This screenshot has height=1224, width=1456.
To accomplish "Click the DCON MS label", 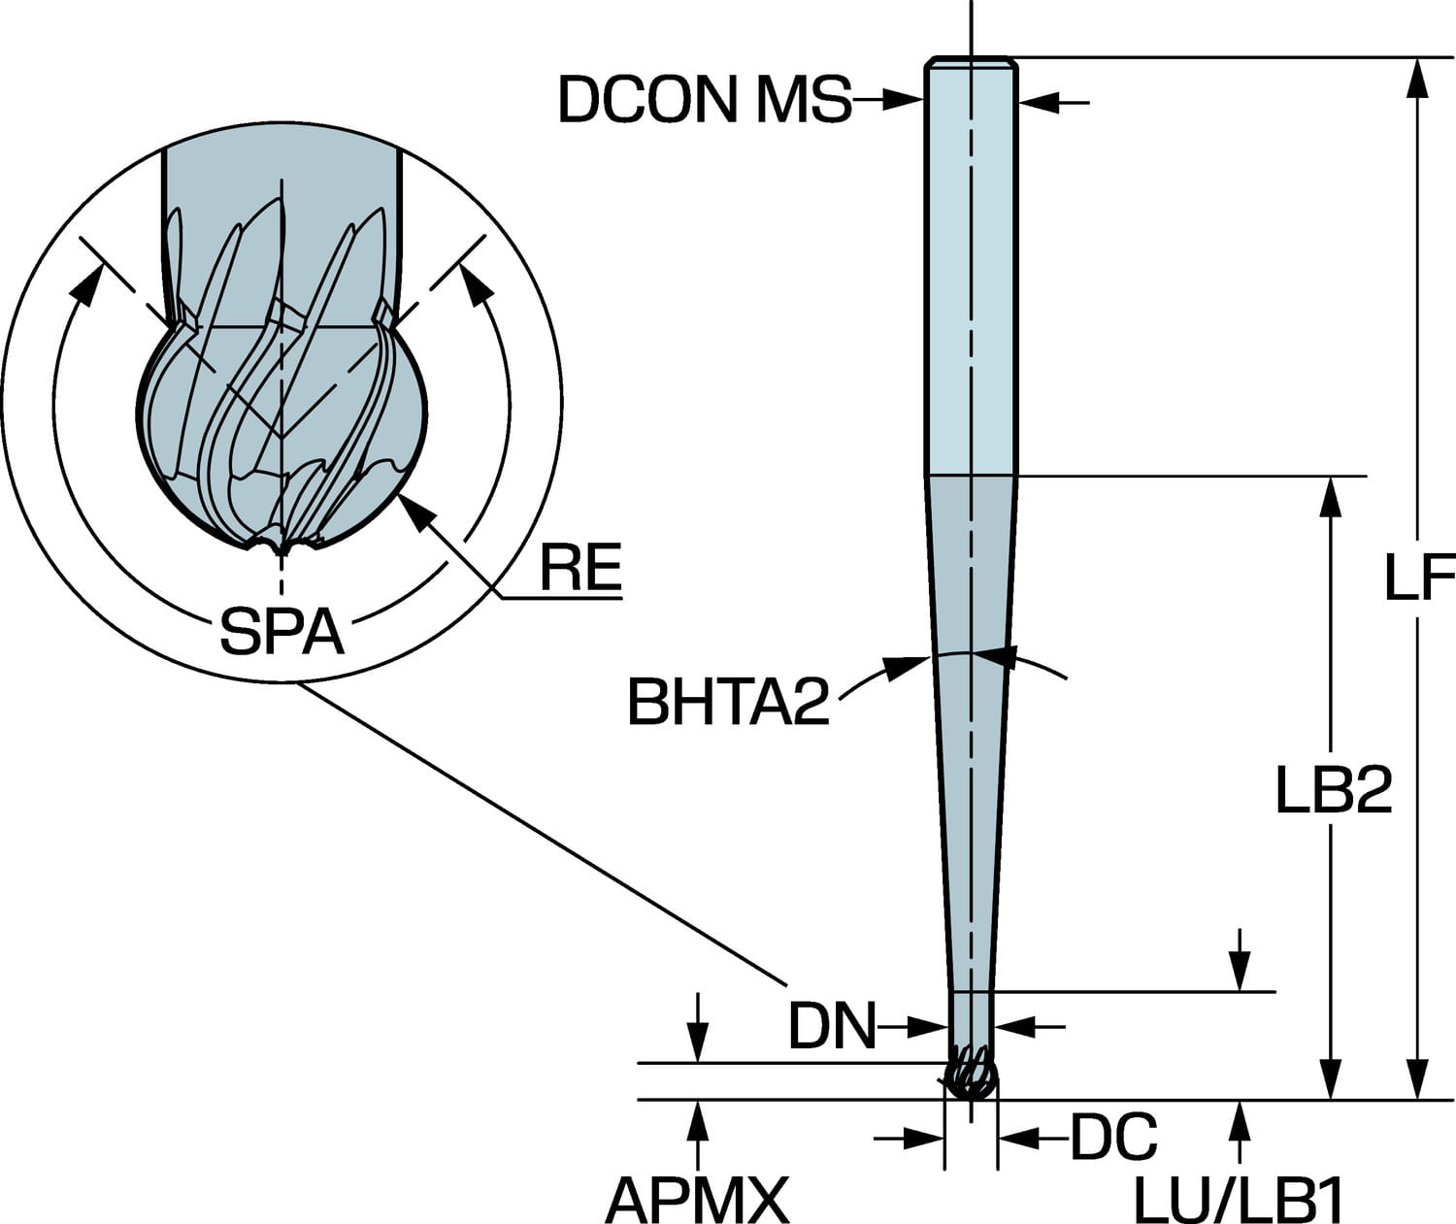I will point(704,99).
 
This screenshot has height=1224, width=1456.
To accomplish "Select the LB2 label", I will point(1334,791).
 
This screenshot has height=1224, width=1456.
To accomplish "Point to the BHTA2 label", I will point(729,703).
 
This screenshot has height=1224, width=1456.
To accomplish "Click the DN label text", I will point(832,1026).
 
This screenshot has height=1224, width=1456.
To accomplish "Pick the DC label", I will point(1114,1137).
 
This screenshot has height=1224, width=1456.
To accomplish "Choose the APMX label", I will point(697,1200).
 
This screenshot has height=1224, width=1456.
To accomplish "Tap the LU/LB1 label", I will point(1239,1202).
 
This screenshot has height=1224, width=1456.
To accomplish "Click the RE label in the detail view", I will point(580,569).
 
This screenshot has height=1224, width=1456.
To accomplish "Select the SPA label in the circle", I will point(281,632).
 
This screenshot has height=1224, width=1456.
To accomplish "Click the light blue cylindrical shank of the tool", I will point(970,272).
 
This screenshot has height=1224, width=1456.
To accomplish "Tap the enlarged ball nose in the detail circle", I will point(281,427).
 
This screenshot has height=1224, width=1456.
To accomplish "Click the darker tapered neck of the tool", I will point(970,728).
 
